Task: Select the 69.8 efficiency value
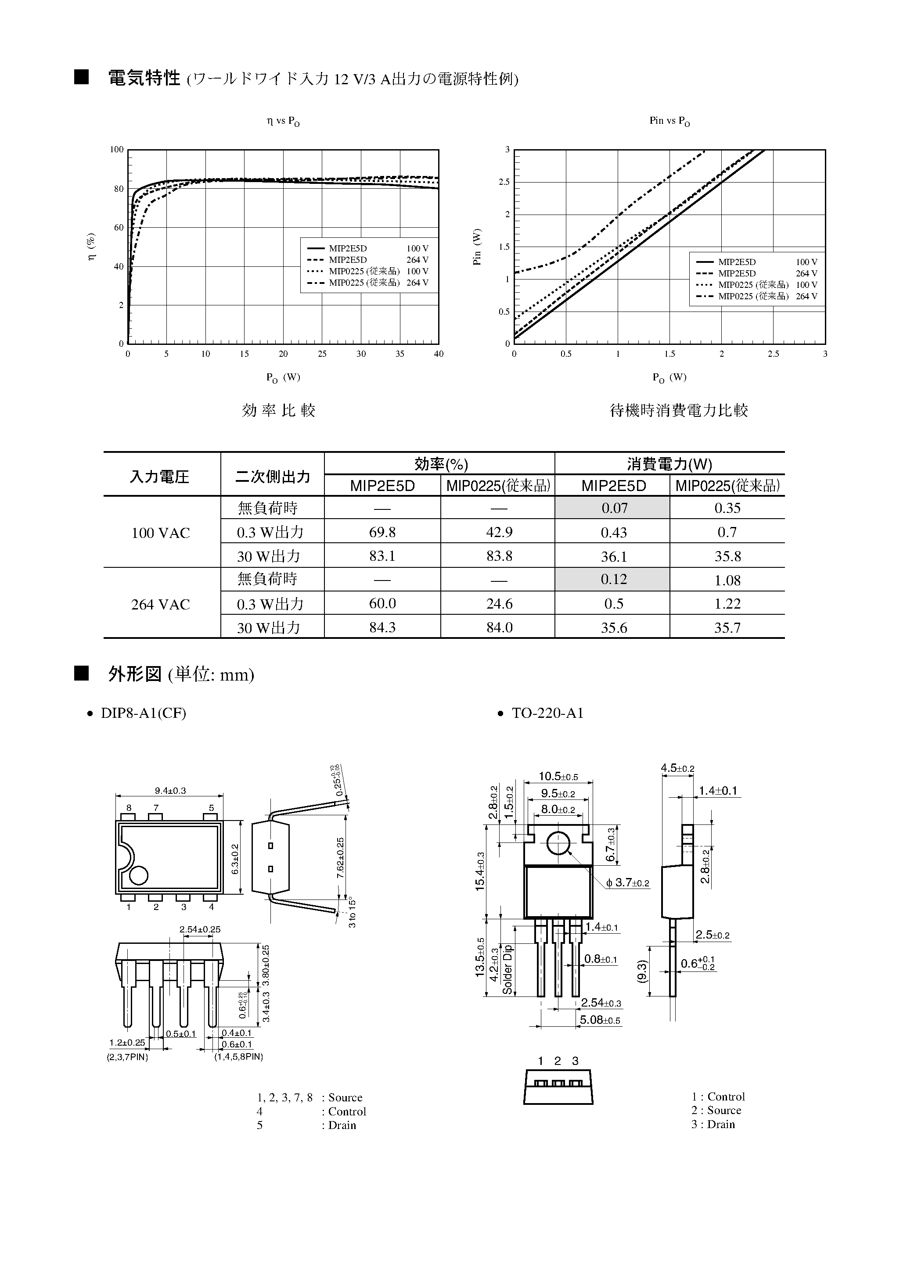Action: point(382,532)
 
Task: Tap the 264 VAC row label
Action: point(161,604)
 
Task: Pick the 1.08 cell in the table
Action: point(727,580)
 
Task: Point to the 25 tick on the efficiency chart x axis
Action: point(322,354)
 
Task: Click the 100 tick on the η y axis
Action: point(117,149)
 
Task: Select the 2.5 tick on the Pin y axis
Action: point(504,182)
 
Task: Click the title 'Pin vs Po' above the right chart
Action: point(669,121)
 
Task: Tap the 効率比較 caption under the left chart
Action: point(278,411)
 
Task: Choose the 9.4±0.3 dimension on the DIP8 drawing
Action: point(170,790)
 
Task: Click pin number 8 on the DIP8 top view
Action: point(129,807)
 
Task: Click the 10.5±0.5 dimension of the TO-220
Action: point(558,776)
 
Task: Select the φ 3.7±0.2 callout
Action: point(627,883)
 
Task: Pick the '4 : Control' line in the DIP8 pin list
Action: point(311,1111)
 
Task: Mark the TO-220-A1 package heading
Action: point(547,713)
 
